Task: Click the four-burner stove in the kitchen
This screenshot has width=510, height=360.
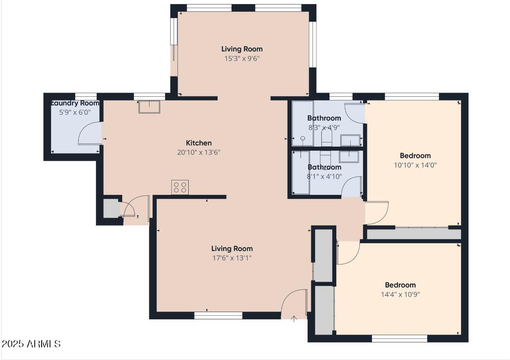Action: [x=180, y=187]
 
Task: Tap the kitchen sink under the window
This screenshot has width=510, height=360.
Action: [x=149, y=107]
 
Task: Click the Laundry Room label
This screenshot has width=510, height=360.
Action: [x=75, y=103]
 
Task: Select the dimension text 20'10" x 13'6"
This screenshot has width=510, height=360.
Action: [x=199, y=152]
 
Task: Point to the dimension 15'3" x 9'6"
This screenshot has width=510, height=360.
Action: [x=242, y=58]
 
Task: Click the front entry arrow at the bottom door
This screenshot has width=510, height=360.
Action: [x=294, y=319]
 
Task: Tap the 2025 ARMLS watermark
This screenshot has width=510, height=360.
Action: [x=31, y=344]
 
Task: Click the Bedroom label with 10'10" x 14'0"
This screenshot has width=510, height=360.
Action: [x=415, y=156]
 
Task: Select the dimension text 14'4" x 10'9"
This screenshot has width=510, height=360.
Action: [x=400, y=294]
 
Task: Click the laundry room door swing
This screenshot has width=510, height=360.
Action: [x=88, y=134]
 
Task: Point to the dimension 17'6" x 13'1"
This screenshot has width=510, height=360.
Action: [x=232, y=258]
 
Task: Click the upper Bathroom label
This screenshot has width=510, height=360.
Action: [x=324, y=118]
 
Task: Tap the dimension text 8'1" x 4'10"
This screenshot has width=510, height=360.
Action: [x=324, y=176]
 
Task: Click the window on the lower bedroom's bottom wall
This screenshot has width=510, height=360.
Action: [x=399, y=338]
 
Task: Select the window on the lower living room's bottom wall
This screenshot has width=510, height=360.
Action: [x=218, y=315]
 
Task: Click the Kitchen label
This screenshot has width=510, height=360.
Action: [x=199, y=143]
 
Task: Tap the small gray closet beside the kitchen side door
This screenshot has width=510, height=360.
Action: [x=111, y=209]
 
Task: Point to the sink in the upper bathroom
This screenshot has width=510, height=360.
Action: [x=350, y=141]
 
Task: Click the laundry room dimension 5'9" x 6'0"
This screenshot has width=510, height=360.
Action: [x=75, y=112]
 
